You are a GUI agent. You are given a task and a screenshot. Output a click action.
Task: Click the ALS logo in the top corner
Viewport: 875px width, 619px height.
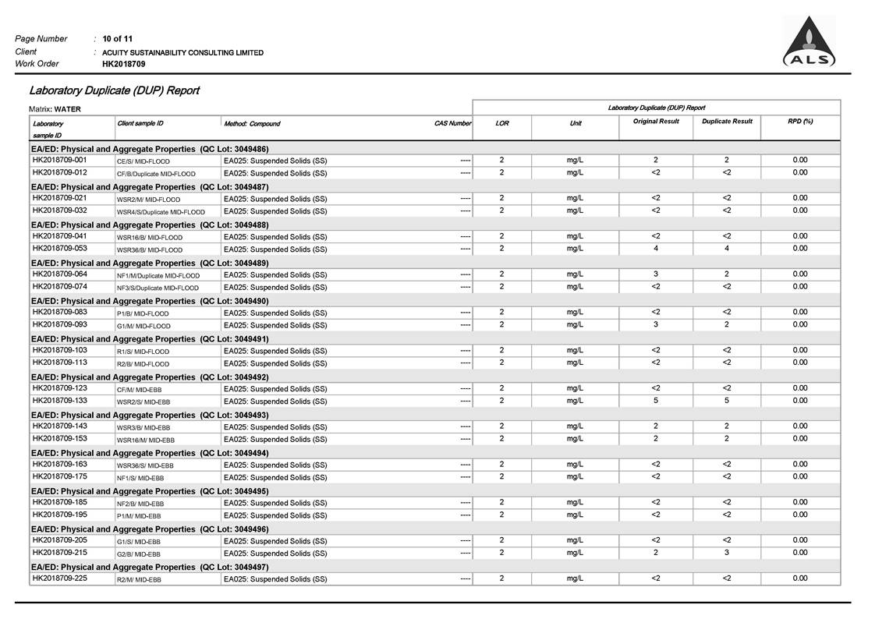coord(809,42)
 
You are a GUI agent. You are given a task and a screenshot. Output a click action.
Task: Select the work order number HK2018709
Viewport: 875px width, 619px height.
coord(124,64)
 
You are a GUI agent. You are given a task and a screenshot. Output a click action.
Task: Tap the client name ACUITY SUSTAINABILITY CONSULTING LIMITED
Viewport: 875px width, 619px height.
coord(183,52)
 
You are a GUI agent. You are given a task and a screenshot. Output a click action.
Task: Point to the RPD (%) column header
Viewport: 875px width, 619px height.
coord(799,122)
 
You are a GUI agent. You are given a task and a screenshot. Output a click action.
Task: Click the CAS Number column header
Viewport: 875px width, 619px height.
coord(452,123)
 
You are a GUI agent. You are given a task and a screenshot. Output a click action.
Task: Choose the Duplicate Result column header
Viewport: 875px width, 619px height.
coord(727,122)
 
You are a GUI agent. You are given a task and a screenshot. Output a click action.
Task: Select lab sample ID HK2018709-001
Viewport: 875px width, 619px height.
coord(60,161)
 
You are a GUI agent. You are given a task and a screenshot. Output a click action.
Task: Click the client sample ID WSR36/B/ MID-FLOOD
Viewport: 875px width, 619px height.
coord(150,249)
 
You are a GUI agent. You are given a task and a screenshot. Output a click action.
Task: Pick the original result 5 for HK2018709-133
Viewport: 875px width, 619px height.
coord(656,401)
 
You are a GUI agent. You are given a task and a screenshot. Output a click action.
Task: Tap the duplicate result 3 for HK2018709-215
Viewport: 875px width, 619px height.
coord(727,553)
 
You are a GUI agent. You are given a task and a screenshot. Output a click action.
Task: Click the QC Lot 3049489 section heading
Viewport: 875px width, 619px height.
coord(150,263)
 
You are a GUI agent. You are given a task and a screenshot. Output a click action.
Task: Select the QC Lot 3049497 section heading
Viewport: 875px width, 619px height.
coord(150,567)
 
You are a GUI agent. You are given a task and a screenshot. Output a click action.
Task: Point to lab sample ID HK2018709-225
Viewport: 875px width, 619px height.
coord(60,578)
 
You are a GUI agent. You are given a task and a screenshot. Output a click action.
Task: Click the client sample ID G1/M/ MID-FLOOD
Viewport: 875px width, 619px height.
coord(143,326)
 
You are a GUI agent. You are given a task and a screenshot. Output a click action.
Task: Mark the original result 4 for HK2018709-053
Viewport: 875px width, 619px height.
coord(656,249)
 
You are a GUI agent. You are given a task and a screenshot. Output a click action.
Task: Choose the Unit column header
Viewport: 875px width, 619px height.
coord(576,123)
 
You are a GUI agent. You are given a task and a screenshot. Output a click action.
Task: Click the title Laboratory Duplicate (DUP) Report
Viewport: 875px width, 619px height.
coord(114,90)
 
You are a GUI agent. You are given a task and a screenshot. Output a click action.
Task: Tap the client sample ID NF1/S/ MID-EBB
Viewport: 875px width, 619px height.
coord(140,478)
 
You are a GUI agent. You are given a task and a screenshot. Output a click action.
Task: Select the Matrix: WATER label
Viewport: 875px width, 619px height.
coord(55,109)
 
